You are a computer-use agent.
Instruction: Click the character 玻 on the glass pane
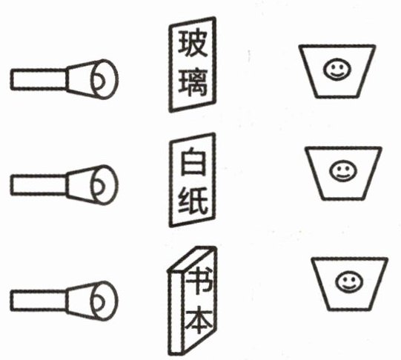click(193, 44)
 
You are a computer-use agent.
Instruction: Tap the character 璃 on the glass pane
click(193, 82)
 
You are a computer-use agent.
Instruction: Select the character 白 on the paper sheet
click(193, 161)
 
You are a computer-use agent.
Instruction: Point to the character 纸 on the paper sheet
click(193, 201)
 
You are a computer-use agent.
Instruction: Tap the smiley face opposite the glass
click(337, 69)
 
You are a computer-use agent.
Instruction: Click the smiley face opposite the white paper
click(343, 170)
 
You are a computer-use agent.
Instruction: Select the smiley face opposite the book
click(349, 281)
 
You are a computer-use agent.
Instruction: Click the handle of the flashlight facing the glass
click(39, 79)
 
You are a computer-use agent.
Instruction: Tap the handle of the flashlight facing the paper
click(39, 185)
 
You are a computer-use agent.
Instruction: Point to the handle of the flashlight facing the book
click(39, 301)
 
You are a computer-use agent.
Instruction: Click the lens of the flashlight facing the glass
click(105, 79)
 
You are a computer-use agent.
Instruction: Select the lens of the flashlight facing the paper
click(105, 185)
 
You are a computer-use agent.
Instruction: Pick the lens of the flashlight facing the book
click(105, 301)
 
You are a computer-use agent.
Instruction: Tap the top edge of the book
click(192, 259)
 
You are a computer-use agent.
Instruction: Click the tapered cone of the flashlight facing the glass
click(79, 79)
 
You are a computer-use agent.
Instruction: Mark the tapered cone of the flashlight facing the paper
click(79, 185)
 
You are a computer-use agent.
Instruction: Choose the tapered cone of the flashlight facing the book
click(79, 301)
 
